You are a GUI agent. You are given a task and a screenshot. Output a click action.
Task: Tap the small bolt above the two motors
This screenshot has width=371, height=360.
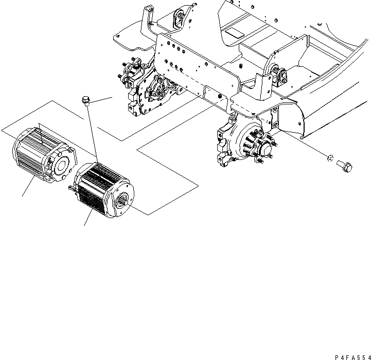coord(85,100)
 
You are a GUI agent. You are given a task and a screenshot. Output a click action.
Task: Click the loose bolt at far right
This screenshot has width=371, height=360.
coord(345,166)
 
